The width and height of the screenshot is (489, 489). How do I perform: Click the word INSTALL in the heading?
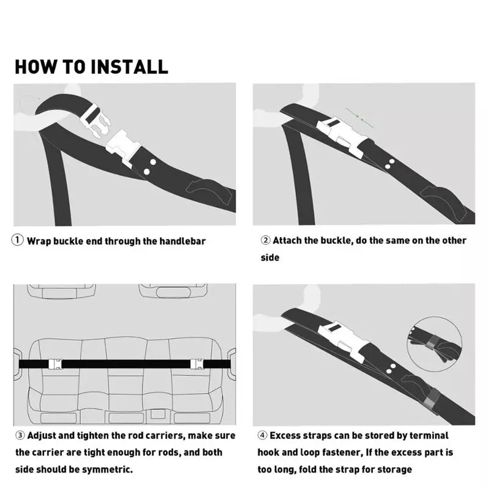point(130,67)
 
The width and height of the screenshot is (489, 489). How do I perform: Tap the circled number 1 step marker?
point(18,240)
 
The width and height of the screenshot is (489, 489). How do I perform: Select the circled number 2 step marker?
point(265,240)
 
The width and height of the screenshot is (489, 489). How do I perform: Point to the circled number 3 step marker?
point(20,435)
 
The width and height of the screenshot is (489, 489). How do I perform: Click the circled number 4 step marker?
point(262,435)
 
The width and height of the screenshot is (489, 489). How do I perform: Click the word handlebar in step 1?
point(182,241)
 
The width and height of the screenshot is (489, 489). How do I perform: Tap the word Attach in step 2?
point(287,240)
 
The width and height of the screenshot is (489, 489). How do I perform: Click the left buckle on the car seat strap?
point(55,364)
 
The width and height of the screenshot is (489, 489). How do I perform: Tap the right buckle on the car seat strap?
point(197,364)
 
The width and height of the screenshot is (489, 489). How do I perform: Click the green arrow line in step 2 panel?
point(359,118)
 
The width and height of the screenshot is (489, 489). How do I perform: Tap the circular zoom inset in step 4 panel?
point(435,344)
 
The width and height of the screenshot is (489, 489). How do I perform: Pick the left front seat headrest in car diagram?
point(61,292)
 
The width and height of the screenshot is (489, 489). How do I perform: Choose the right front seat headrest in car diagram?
point(174,292)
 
